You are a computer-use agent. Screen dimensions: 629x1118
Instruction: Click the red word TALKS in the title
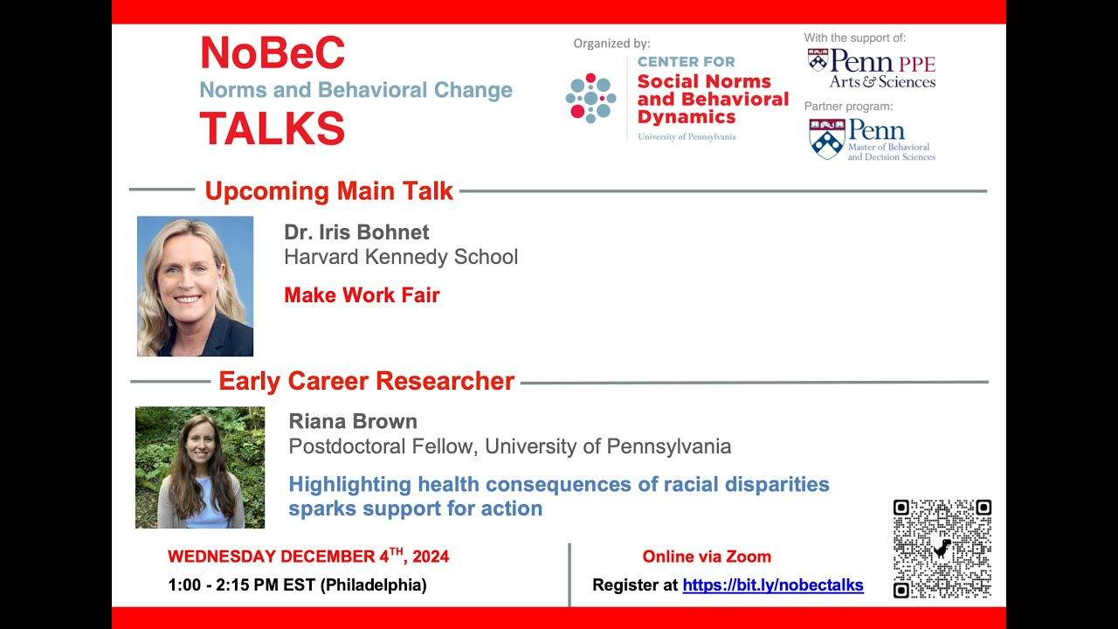pyautogui.click(x=273, y=128)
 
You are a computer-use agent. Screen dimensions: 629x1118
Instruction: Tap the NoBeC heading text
pyautogui.click(x=273, y=54)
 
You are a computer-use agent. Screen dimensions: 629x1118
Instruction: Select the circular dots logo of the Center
pyautogui.click(x=591, y=98)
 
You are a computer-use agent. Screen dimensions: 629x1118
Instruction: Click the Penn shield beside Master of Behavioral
pyautogui.click(x=825, y=139)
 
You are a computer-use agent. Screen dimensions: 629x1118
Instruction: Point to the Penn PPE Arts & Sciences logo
pyautogui.click(x=871, y=68)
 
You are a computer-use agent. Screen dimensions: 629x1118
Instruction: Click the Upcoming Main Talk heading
pyautogui.click(x=328, y=191)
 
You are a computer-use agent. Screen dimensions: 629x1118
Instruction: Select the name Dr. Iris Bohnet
pyautogui.click(x=356, y=232)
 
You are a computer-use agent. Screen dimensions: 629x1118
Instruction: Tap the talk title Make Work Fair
pyautogui.click(x=362, y=295)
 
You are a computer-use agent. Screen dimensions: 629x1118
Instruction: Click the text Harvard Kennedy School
pyautogui.click(x=401, y=257)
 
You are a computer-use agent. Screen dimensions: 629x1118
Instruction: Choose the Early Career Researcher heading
pyautogui.click(x=366, y=382)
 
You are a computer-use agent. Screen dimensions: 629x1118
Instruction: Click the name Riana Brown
pyautogui.click(x=353, y=421)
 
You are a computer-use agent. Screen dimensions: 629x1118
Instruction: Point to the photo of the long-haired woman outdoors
pyautogui.click(x=200, y=467)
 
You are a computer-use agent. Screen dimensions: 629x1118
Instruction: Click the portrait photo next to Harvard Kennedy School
pyautogui.click(x=195, y=287)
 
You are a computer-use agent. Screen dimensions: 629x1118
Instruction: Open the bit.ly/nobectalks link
pyautogui.click(x=772, y=585)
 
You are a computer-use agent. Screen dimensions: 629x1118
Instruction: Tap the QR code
pyautogui.click(x=942, y=549)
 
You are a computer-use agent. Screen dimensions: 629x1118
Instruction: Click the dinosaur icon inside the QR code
pyautogui.click(x=942, y=549)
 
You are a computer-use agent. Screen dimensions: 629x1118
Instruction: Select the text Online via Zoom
pyautogui.click(x=707, y=556)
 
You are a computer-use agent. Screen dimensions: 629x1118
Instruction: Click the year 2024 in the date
pyautogui.click(x=431, y=556)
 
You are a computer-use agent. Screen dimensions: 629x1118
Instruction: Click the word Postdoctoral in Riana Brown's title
pyautogui.click(x=342, y=446)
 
